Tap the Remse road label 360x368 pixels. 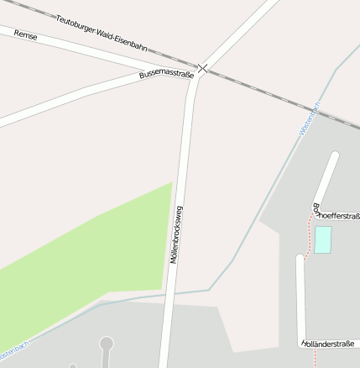click(25, 39)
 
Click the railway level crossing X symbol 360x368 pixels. click(202, 67)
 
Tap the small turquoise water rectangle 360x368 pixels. click(323, 239)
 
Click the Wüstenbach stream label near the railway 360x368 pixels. click(310, 119)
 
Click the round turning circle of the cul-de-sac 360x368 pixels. click(107, 343)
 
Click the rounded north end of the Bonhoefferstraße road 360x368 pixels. click(334, 157)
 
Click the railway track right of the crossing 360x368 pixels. click(277, 97)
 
